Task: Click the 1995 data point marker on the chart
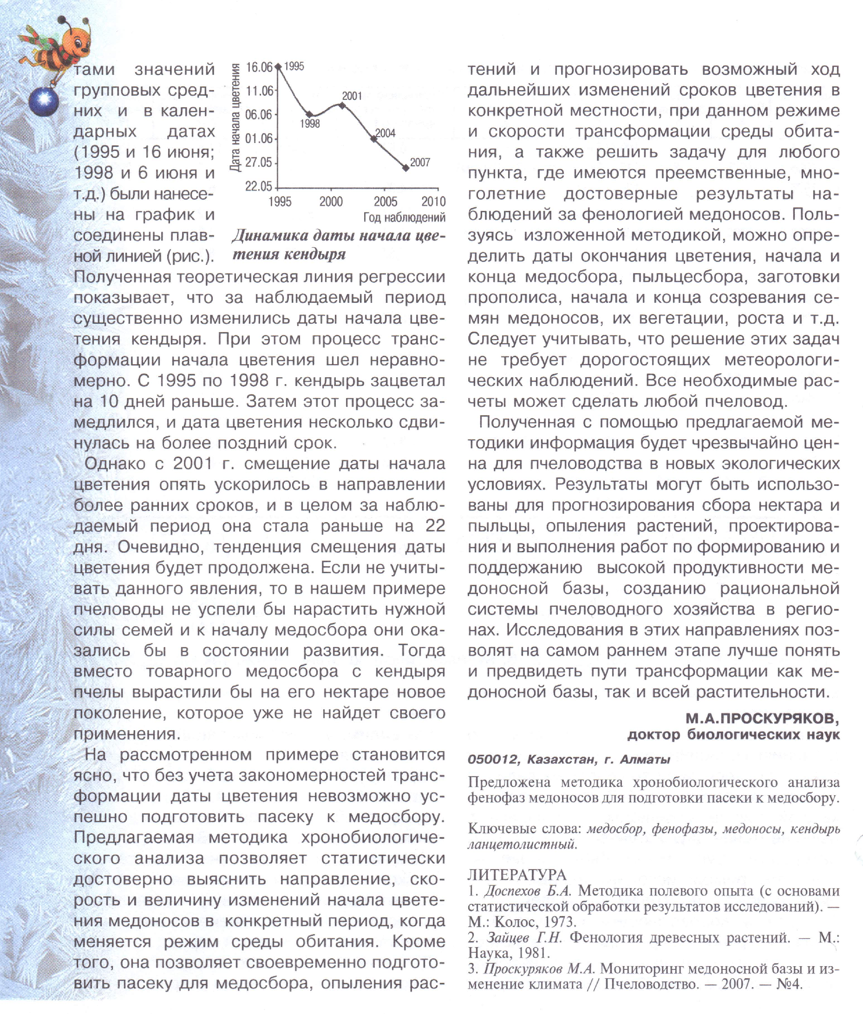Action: [278, 66]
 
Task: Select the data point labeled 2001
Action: [342, 105]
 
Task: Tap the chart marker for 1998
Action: [310, 114]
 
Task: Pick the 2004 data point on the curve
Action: [374, 139]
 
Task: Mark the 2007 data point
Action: [405, 168]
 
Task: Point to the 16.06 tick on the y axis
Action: [258, 67]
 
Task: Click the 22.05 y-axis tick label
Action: [258, 186]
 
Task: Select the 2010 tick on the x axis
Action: [433, 201]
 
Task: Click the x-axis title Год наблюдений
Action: [404, 218]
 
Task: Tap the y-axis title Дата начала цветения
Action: [235, 118]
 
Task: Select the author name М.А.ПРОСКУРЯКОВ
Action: [762, 718]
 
